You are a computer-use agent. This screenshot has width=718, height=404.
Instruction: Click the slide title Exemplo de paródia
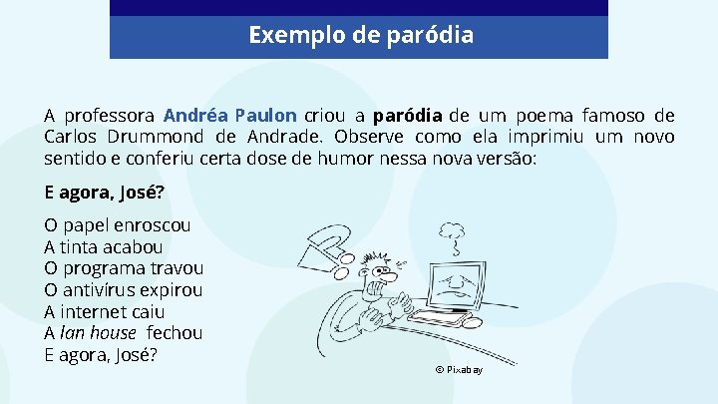point(360,36)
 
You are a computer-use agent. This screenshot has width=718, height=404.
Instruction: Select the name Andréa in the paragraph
point(195,115)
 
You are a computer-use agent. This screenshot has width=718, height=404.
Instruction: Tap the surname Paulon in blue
point(265,115)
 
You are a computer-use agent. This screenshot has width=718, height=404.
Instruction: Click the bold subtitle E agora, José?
point(105,193)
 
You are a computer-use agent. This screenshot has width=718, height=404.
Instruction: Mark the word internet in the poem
point(99,311)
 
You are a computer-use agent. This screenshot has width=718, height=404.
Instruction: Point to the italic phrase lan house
point(98,333)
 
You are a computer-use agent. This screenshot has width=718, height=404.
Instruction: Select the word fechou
point(175,333)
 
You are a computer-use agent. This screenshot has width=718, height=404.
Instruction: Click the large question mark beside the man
point(326,248)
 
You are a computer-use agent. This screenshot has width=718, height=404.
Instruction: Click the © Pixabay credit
point(459,370)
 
